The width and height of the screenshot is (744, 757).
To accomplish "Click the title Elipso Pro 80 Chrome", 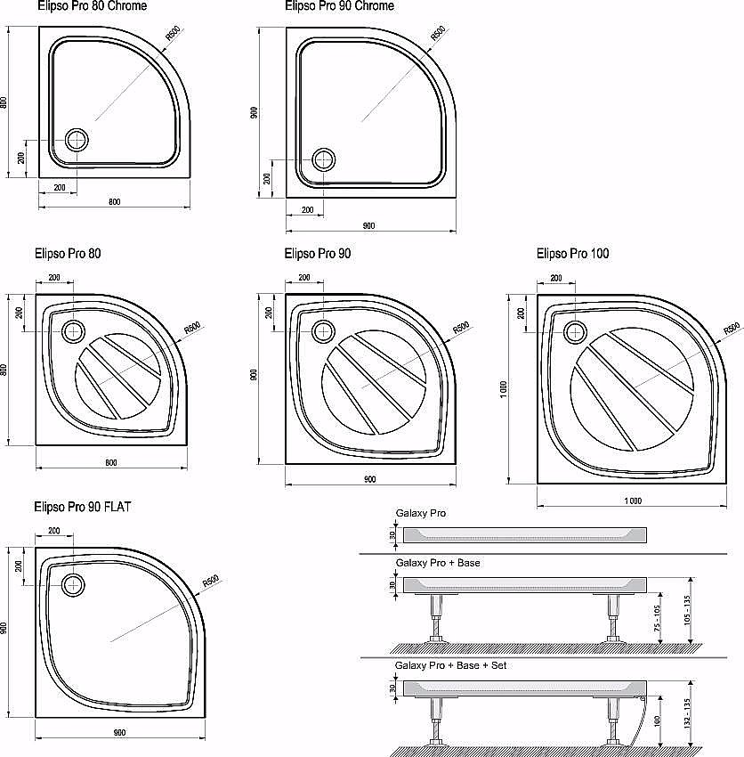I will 93,6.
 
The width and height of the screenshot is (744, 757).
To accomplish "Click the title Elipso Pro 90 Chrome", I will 340,6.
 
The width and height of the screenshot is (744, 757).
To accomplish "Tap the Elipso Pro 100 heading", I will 572,254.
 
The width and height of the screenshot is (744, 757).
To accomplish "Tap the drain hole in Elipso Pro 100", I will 576,331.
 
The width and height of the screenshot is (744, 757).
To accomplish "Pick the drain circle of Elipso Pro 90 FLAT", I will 72,584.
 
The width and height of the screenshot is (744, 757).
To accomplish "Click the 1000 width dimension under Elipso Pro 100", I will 632,501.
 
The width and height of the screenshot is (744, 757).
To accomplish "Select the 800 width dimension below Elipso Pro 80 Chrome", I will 114,201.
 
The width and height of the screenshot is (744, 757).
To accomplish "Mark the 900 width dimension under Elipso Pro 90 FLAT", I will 119,733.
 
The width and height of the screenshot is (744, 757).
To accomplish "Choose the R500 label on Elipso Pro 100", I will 732,327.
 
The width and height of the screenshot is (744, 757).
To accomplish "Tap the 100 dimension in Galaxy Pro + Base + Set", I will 657,723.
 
